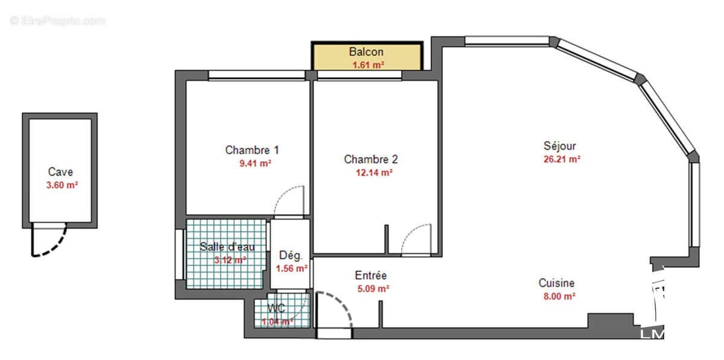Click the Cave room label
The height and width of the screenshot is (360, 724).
pyautogui.click(x=60, y=172)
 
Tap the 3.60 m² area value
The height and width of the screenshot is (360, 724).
pyautogui.click(x=62, y=186)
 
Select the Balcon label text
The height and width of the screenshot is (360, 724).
pyautogui.click(x=366, y=52)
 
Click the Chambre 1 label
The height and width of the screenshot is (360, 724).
pyautogui.click(x=252, y=150)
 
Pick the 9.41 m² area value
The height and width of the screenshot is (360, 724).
pyautogui.click(x=255, y=163)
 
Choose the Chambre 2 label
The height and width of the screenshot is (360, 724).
pyautogui.click(x=370, y=159)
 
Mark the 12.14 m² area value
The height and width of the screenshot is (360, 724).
pyautogui.click(x=374, y=172)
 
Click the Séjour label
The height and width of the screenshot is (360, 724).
pyautogui.click(x=559, y=146)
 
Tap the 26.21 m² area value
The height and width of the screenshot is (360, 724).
pyautogui.click(x=562, y=160)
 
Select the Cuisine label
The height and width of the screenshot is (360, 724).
pyautogui.click(x=556, y=283)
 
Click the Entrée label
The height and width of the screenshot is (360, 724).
pyautogui.click(x=370, y=276)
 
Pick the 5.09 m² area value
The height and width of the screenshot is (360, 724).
pyautogui.click(x=373, y=289)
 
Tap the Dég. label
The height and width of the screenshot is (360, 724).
pyautogui.click(x=290, y=255)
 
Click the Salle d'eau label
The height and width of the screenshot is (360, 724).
pyautogui.click(x=227, y=247)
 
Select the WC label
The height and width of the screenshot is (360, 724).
pyautogui.click(x=277, y=308)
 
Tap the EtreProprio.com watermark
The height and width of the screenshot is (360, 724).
pyautogui.click(x=57, y=21)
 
